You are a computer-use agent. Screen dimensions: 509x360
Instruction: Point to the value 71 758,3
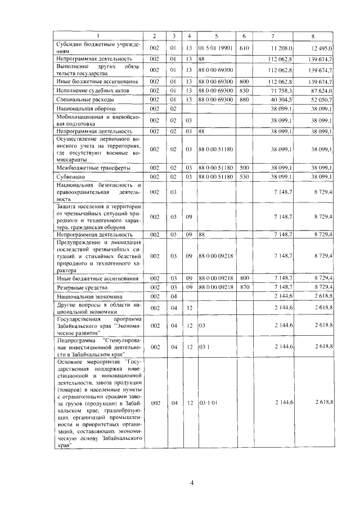pos(281,91)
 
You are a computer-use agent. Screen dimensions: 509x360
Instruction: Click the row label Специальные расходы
pos(78,99)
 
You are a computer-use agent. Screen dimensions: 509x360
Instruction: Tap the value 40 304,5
pos(281,99)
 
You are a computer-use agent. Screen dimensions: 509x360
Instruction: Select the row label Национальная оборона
pos(82,107)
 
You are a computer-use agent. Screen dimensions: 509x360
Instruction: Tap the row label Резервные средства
pos(78,287)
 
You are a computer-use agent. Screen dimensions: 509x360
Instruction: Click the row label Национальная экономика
pos(84,296)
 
